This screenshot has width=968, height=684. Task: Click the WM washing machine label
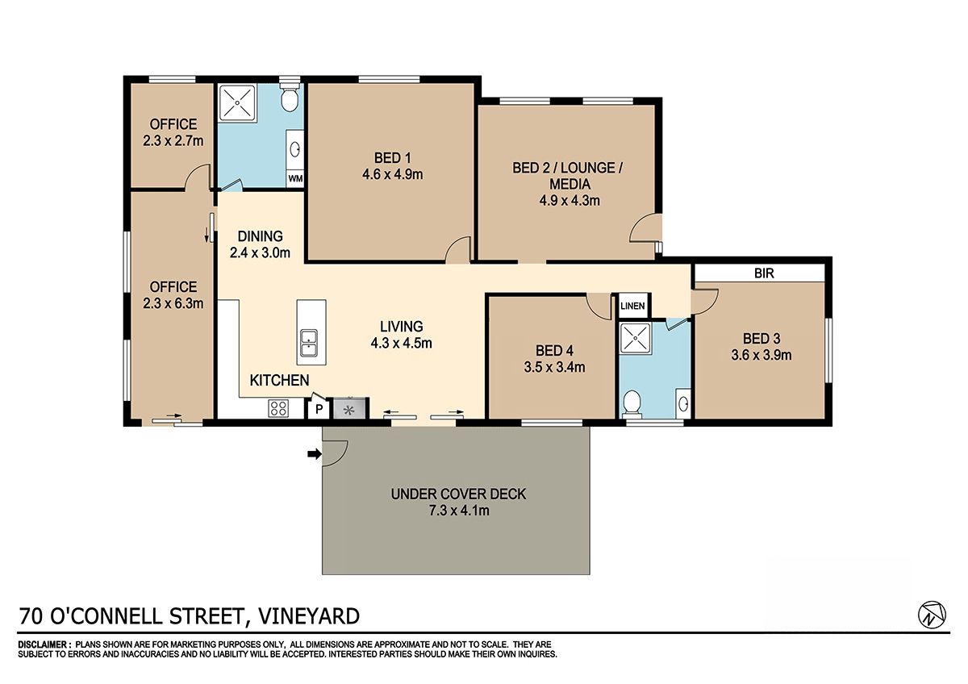pos(295,178)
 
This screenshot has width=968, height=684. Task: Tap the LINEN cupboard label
pos(632,306)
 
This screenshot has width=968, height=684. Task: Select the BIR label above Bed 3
pos(764,273)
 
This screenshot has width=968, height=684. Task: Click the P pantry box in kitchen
pos(319,409)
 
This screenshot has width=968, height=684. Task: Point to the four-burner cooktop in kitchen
pos(279,408)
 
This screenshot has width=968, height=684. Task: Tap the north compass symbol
pos(932,614)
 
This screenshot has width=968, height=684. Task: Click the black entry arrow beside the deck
pos(314,453)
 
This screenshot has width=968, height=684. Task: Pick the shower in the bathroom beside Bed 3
pos(636,338)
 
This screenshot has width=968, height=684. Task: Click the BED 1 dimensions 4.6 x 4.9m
pos(392,174)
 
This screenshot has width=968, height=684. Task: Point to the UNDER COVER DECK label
pos(458,494)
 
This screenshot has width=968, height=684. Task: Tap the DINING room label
pos(260,236)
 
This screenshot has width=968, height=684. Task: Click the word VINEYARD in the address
pos(308,616)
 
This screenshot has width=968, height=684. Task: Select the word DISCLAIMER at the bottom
pos(42,644)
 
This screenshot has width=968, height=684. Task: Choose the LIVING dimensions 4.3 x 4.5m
pos(401,343)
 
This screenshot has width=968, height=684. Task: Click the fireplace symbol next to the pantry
pos(350,409)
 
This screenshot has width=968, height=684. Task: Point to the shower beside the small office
pos(237,102)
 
